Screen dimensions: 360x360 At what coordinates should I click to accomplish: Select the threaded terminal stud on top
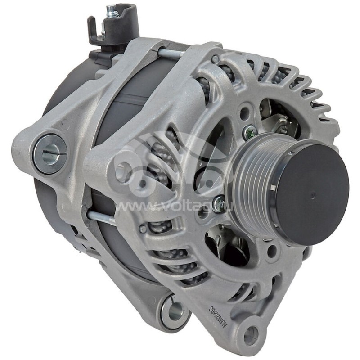pos(112,11)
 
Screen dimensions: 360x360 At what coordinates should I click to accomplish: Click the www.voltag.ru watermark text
pos(180,206)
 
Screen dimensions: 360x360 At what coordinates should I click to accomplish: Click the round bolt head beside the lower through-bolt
pos(143,229)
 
